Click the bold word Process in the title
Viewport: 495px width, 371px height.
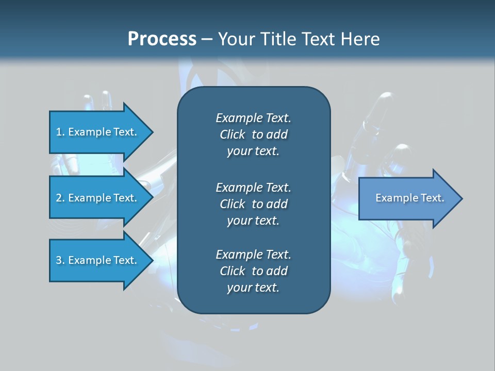tap(162, 39)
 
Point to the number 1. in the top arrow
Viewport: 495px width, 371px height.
tap(60, 132)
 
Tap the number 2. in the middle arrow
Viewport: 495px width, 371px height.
tap(60, 198)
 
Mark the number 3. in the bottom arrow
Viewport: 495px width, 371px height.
tap(60, 260)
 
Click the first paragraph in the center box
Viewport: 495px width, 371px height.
tap(253, 134)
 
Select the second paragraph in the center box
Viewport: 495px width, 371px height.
tap(253, 204)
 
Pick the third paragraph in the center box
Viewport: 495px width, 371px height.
tap(253, 271)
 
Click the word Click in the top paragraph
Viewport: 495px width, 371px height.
tap(233, 134)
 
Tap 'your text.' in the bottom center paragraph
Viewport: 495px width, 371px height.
tap(253, 288)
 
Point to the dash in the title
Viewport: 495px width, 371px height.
tap(207, 39)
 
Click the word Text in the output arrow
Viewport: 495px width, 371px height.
tap(432, 198)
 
